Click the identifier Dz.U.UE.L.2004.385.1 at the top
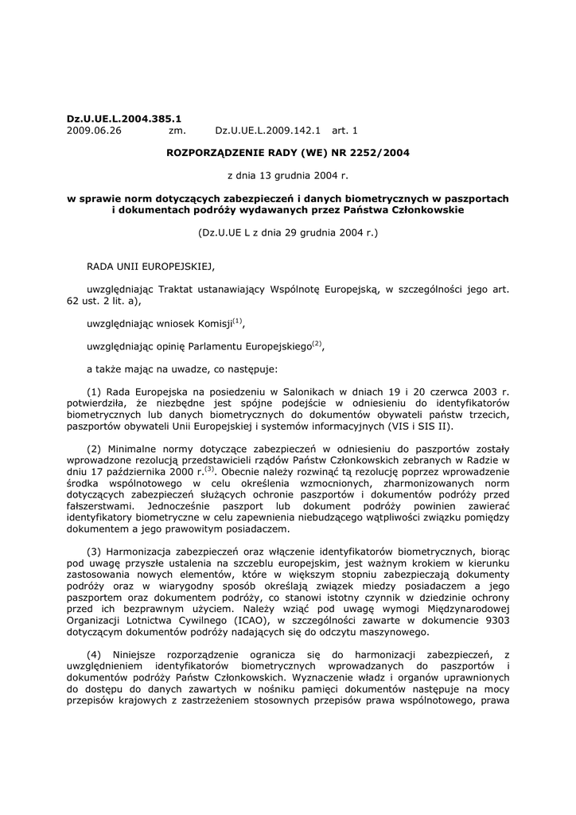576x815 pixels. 123,119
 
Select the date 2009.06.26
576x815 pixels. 94,130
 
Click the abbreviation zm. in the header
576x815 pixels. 177,130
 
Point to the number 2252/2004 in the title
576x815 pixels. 375,152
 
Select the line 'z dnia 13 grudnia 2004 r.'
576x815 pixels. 287,175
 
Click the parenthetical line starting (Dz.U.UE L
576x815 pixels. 287,233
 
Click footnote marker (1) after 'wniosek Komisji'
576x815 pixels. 238,322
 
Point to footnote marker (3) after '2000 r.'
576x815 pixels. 210,469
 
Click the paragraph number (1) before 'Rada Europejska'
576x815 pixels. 94,392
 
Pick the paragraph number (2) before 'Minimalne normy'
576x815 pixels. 94,450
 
